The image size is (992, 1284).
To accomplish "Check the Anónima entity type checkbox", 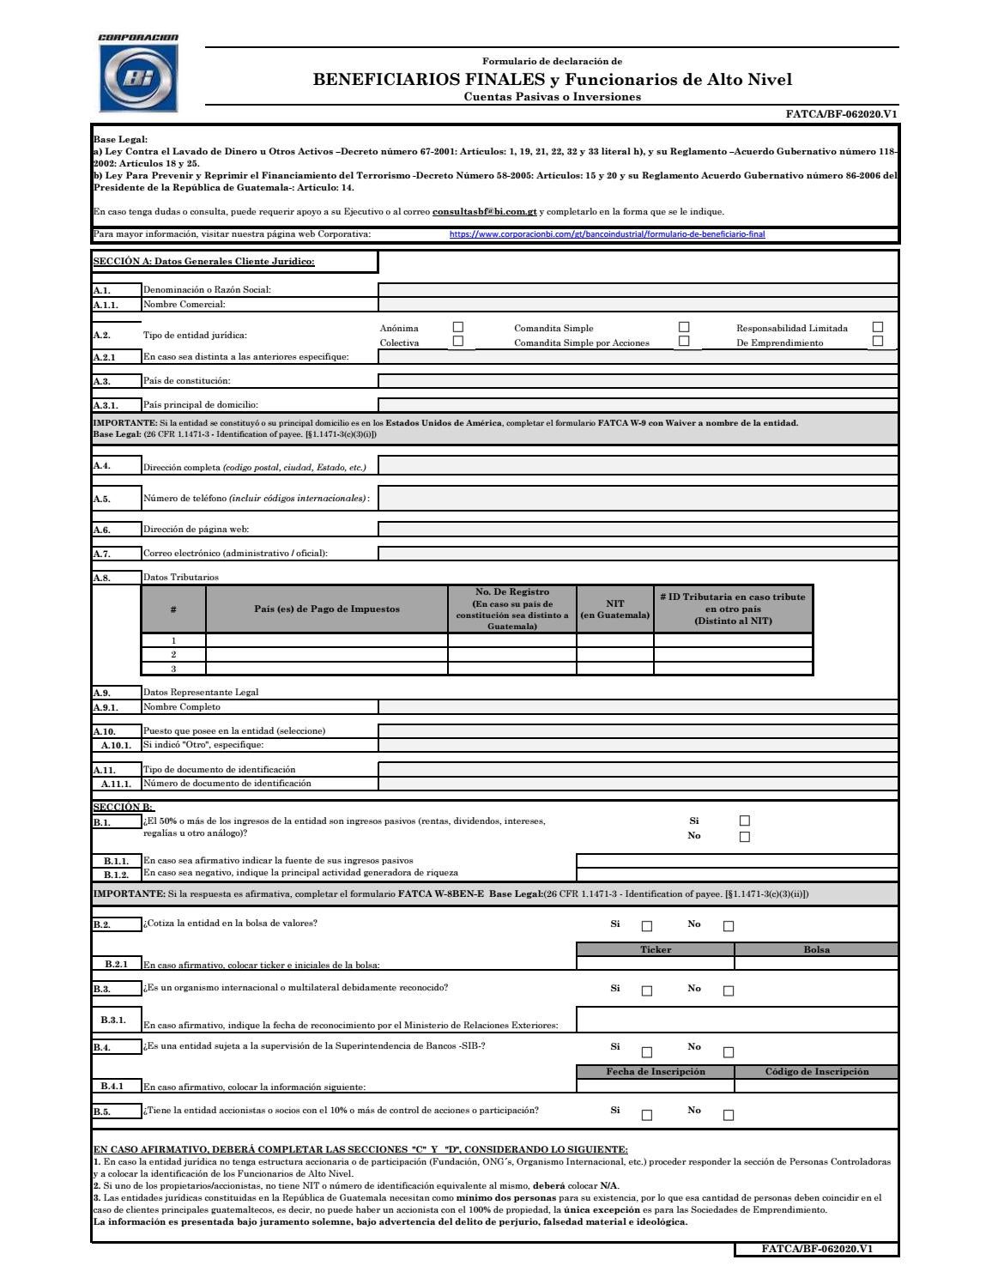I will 458,327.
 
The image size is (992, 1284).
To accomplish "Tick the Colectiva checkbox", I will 458,342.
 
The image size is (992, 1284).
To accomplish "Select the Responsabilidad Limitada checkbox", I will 877,327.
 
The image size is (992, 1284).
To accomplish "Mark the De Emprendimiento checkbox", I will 877,342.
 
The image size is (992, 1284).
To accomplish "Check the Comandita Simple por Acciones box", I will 684,342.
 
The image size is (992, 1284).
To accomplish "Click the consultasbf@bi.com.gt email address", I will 484,211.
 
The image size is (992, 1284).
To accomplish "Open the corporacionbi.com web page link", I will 607,233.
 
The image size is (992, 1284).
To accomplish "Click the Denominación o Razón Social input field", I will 638,289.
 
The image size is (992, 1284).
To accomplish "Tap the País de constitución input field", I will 638,381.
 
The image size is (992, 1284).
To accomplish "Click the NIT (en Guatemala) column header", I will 614,609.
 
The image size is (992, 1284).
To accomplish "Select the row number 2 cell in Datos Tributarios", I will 173,655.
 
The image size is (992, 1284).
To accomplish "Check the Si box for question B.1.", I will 744,821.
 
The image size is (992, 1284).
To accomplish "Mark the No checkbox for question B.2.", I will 729,926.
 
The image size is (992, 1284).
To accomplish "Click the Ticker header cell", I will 656,949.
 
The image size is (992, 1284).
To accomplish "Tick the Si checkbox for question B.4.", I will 647,1052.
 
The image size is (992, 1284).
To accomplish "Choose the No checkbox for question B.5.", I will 729,1116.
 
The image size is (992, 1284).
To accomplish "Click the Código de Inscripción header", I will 816,1071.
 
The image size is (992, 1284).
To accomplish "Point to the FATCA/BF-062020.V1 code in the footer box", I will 816,1249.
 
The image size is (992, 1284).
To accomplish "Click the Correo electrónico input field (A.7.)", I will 638,554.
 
